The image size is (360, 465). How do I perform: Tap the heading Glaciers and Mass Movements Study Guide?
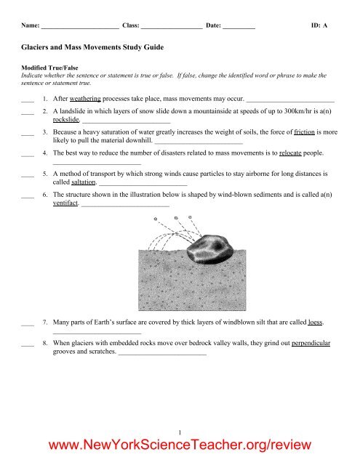91,46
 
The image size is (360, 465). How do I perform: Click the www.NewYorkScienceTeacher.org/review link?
180,445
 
